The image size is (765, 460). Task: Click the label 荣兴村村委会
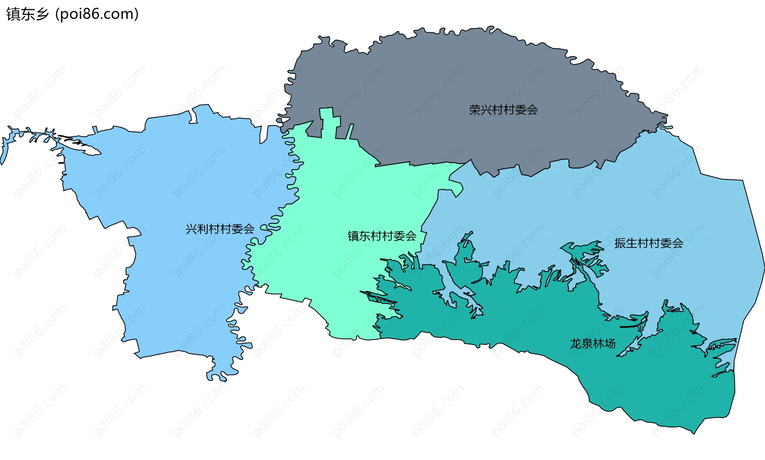pyautogui.click(x=503, y=110)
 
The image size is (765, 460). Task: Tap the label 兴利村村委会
pyautogui.click(x=220, y=229)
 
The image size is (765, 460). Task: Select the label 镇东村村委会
pyautogui.click(x=382, y=236)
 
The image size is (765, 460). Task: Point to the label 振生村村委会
pyautogui.click(x=649, y=243)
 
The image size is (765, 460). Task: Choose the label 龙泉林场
pyautogui.click(x=592, y=344)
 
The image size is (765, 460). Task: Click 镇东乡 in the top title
pyautogui.click(x=27, y=14)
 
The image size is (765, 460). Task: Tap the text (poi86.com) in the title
pyautogui.click(x=97, y=14)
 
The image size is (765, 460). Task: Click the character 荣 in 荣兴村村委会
pyautogui.click(x=475, y=110)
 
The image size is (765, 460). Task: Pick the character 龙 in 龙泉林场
pyautogui.click(x=575, y=344)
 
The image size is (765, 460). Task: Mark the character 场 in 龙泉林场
pyautogui.click(x=610, y=344)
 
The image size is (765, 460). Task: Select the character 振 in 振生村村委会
pyautogui.click(x=620, y=243)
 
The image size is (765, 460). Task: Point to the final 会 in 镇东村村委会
pyautogui.click(x=411, y=236)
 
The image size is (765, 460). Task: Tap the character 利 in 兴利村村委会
pyautogui.click(x=203, y=229)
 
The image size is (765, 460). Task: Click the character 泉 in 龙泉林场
pyautogui.click(x=587, y=344)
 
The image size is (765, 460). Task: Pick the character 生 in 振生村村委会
pyautogui.click(x=632, y=243)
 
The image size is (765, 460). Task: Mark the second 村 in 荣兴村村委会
pyautogui.click(x=509, y=110)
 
